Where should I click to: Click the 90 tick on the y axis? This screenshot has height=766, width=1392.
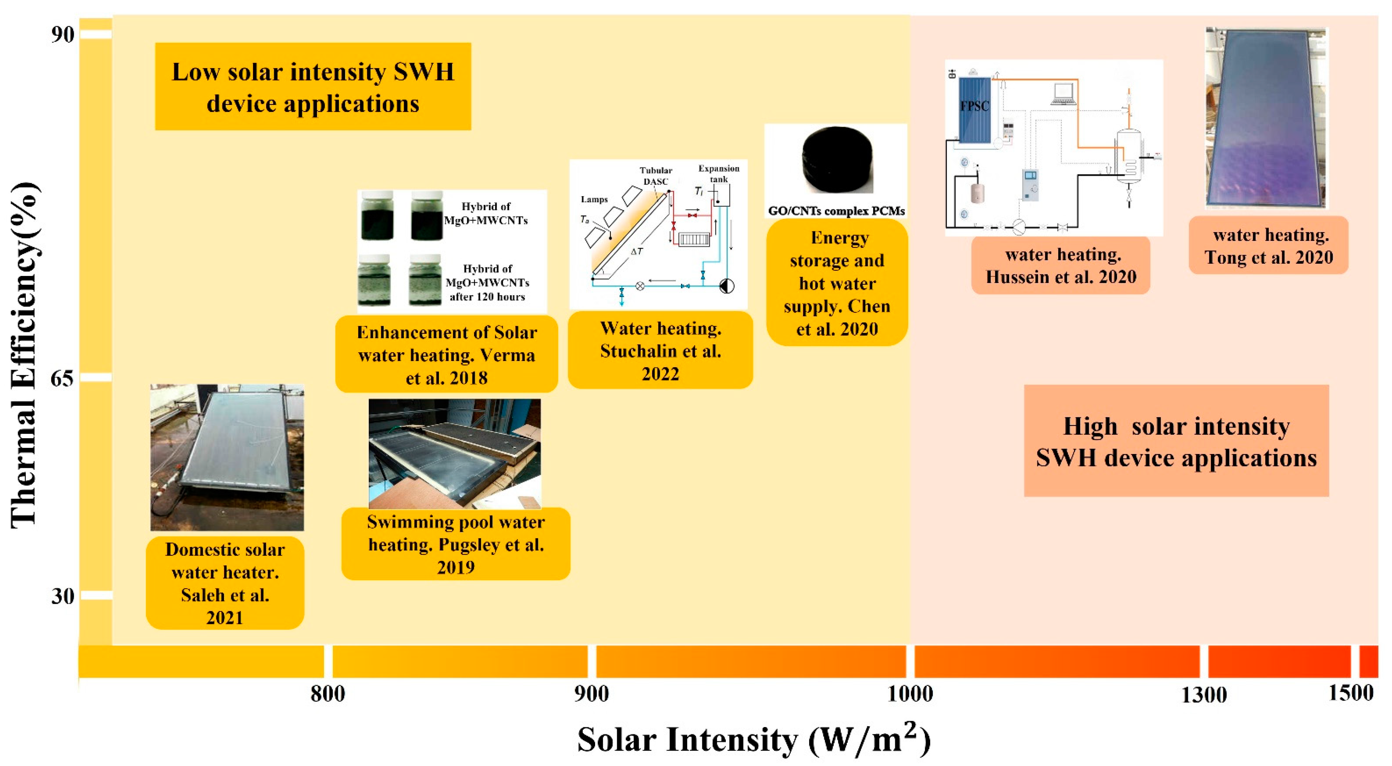tap(63, 34)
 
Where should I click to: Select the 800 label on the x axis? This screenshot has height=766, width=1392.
tap(327, 694)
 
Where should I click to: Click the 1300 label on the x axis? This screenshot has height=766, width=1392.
tap(1203, 695)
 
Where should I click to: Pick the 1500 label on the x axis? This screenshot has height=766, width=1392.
tap(1350, 693)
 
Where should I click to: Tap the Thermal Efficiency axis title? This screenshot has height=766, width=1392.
tap(24, 354)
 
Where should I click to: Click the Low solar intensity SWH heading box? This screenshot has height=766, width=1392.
tap(313, 87)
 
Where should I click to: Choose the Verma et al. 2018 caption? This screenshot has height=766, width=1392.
tap(446, 355)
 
